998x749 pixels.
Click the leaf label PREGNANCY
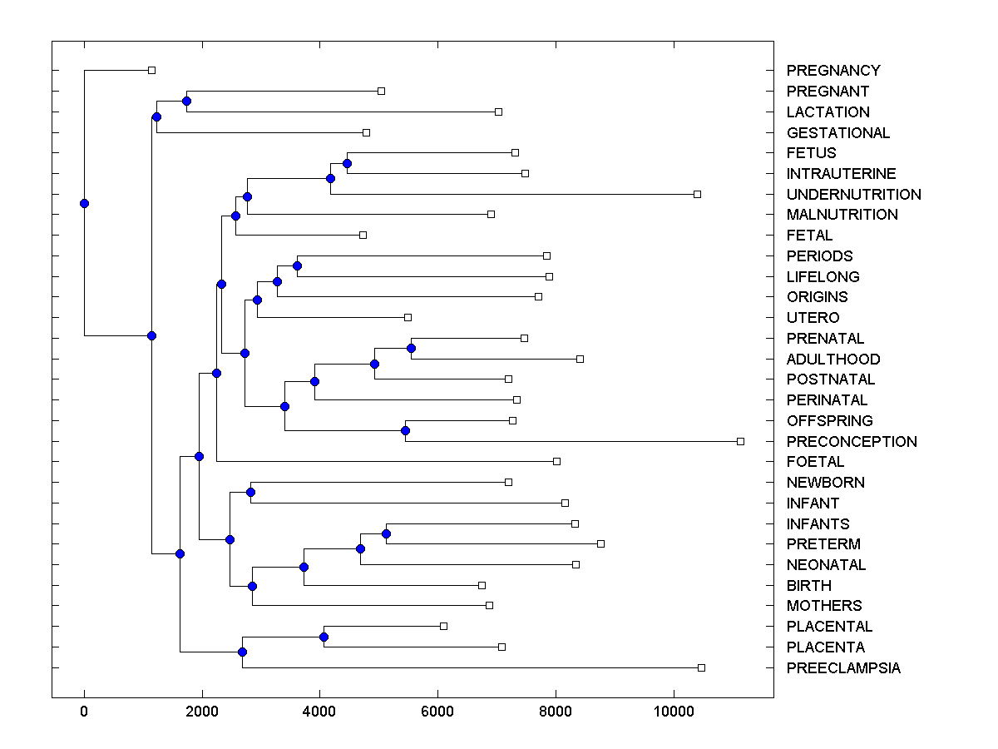pyautogui.click(x=833, y=71)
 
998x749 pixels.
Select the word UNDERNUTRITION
pyautogui.click(x=853, y=195)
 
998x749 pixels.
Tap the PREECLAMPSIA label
pyautogui.click(x=843, y=668)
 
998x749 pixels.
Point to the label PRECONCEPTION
pyautogui.click(x=852, y=442)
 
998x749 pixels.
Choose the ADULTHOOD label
pyautogui.click(x=833, y=360)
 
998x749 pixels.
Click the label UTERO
pyautogui.click(x=813, y=318)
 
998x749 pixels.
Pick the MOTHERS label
pyautogui.click(x=824, y=606)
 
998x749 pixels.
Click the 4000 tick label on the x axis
pyautogui.click(x=319, y=711)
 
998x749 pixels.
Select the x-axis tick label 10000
pyautogui.click(x=673, y=711)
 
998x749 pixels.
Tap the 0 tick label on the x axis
pyautogui.click(x=84, y=711)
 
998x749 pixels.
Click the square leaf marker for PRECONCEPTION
pyautogui.click(x=740, y=441)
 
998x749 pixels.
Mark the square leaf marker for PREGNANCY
pyautogui.click(x=151, y=70)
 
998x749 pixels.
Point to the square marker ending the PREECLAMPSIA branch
pyautogui.click(x=701, y=667)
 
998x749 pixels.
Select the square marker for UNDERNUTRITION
pyautogui.click(x=697, y=194)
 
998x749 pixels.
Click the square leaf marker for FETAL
pyautogui.click(x=363, y=235)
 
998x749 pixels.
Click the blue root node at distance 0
pyautogui.click(x=84, y=203)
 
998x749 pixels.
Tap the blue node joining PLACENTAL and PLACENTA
pyautogui.click(x=324, y=637)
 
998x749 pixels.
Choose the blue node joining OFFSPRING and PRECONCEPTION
pyautogui.click(x=405, y=430)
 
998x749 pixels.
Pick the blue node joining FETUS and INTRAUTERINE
pyautogui.click(x=347, y=163)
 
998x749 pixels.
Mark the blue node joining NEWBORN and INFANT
pyautogui.click(x=250, y=492)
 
